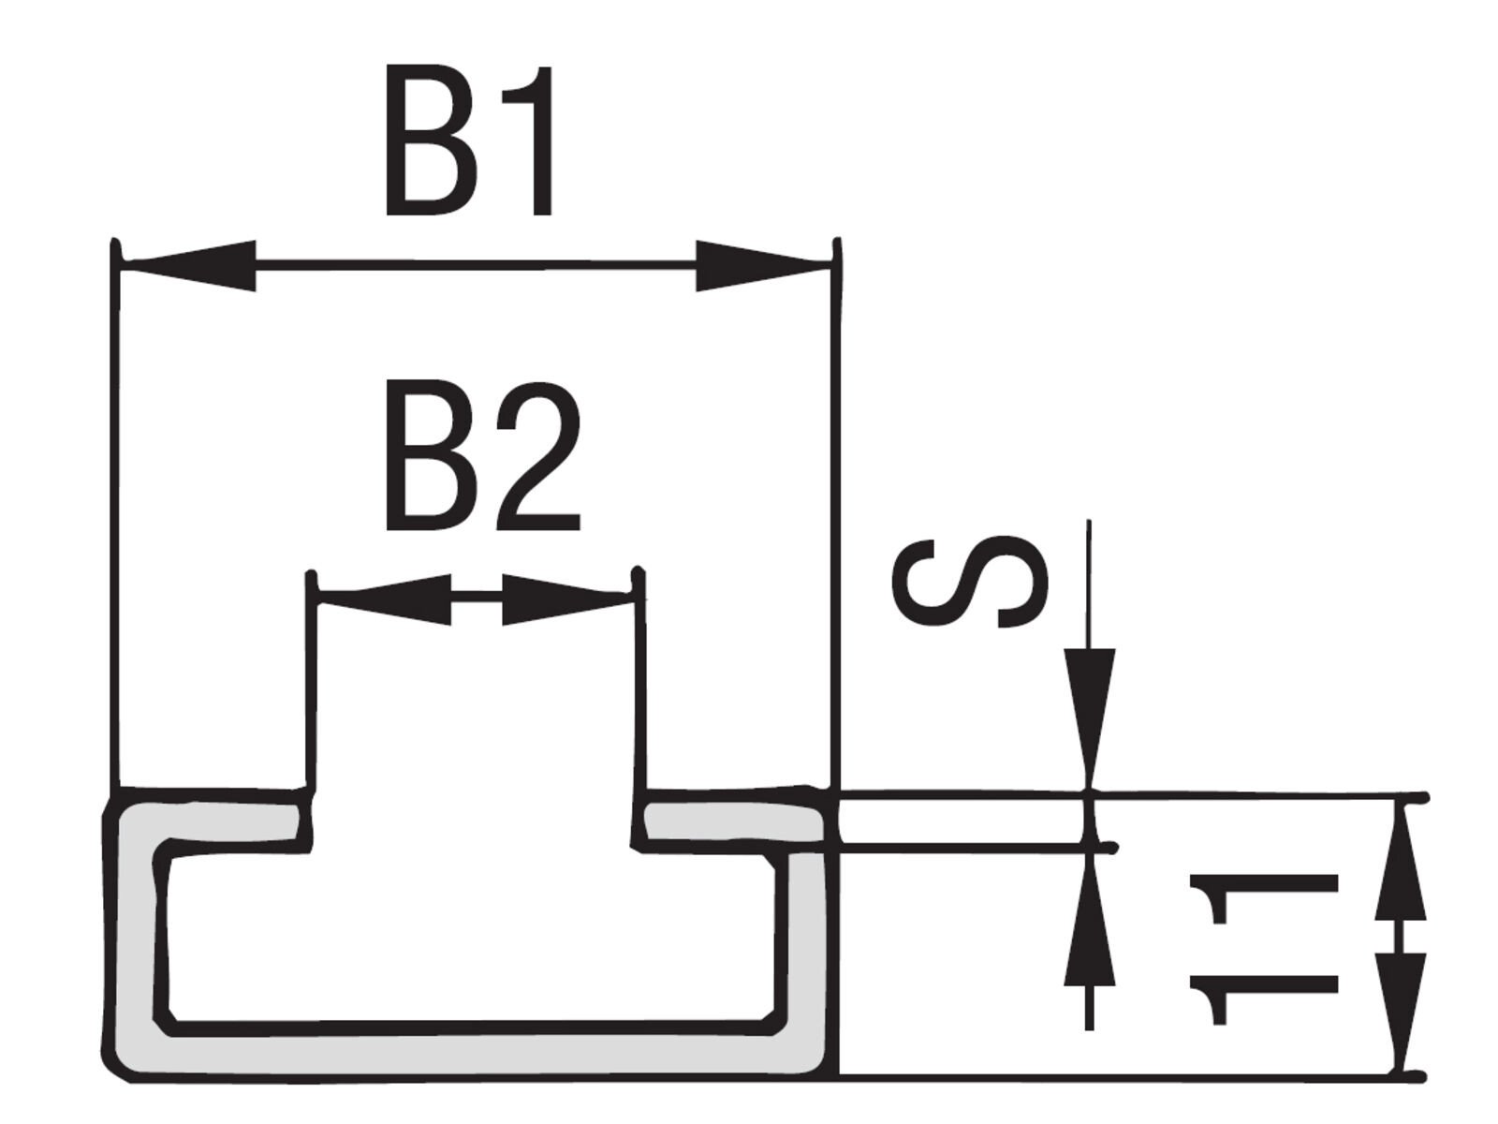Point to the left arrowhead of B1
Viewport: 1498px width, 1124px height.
[x=190, y=265]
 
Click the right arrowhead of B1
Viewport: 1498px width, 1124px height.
[x=762, y=265]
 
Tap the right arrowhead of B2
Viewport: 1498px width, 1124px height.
[x=567, y=599]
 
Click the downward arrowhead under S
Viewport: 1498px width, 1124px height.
[x=1089, y=718]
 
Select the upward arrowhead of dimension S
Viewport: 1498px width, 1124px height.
[x=1089, y=922]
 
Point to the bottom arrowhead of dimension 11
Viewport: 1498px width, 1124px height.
[x=1401, y=1014]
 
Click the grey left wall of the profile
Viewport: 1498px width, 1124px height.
[x=139, y=941]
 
